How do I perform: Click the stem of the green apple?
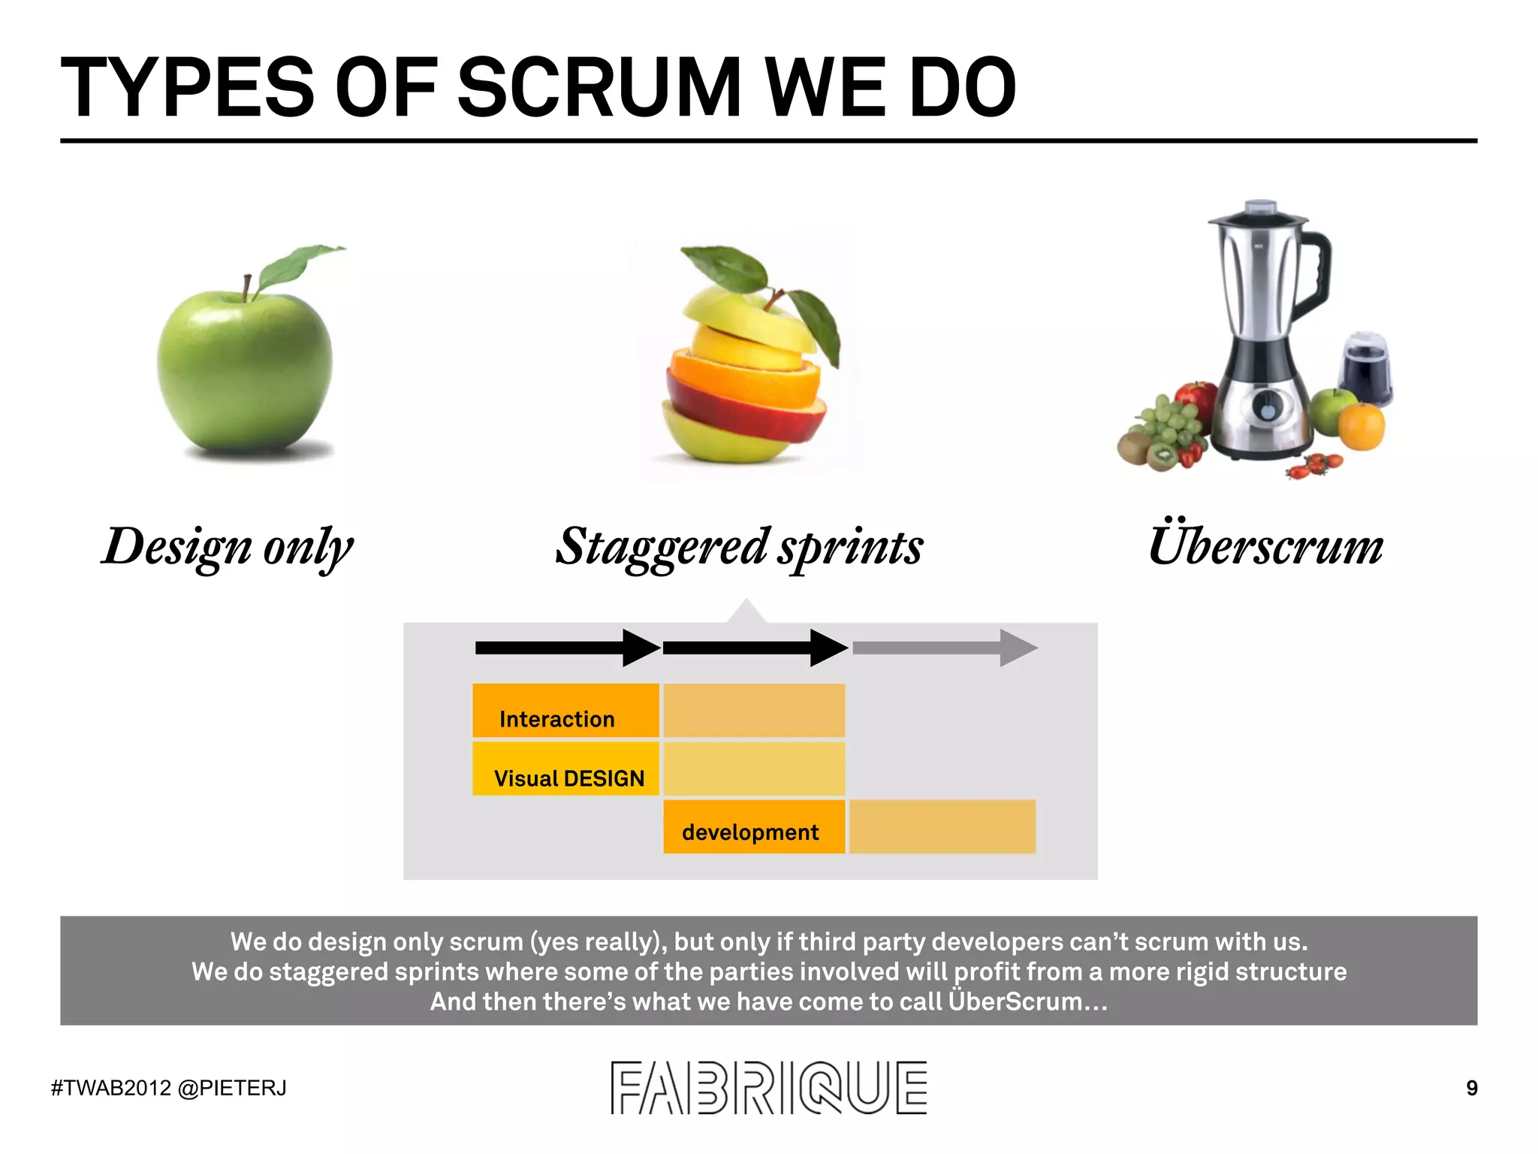[246, 288]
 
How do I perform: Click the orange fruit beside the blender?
[1362, 426]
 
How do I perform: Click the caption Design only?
[228, 546]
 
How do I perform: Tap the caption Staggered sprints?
[739, 546]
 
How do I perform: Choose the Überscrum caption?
[1265, 545]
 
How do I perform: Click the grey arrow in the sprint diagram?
[945, 648]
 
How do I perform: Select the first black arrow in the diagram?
[567, 648]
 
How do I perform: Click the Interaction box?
[565, 711]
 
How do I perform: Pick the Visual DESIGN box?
[565, 769]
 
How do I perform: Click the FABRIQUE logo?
[768, 1087]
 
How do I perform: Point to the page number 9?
[1472, 1088]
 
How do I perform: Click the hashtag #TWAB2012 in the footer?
[111, 1088]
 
